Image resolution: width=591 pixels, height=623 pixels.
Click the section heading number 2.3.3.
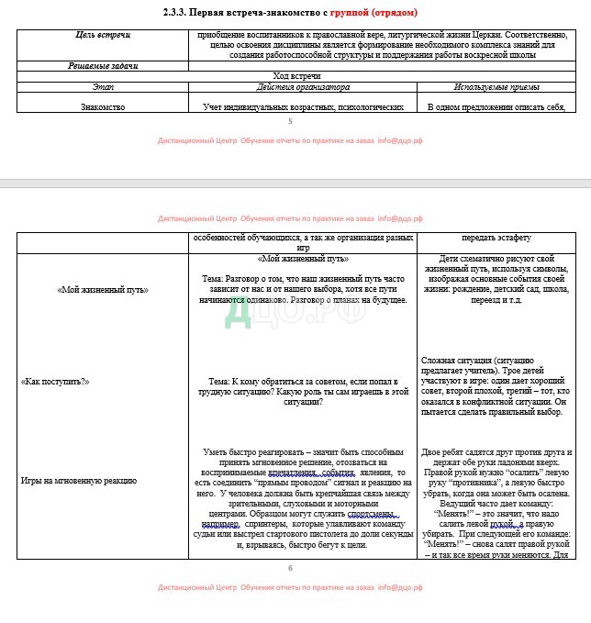[188, 13]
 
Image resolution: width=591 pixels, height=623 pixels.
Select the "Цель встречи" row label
[103, 35]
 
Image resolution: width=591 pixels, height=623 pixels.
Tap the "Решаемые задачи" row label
[103, 66]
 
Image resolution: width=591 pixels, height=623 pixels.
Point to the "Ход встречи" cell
[296, 76]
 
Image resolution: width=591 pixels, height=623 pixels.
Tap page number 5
[290, 121]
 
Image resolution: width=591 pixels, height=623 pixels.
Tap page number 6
[290, 568]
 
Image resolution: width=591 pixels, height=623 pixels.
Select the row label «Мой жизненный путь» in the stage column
[103, 290]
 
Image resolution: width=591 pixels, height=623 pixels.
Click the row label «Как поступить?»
[55, 381]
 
